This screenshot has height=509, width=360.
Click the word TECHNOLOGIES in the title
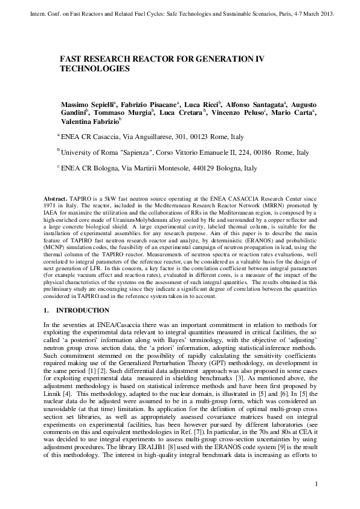(94, 70)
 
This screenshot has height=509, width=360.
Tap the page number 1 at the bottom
(317, 484)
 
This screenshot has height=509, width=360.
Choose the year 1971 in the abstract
(51, 206)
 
